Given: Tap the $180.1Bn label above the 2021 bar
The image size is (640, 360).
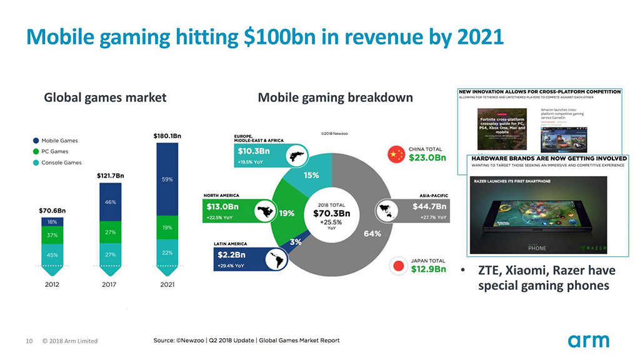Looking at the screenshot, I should pos(167,136).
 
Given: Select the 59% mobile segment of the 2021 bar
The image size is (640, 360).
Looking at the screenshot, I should pos(167,179).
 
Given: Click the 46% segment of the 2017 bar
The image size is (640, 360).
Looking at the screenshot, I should pos(109,202).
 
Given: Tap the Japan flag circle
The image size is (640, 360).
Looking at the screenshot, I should pos(396,265).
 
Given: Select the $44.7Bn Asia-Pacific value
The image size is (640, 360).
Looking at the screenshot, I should pos(429,206).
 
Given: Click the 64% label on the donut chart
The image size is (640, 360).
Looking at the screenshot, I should pos(372,234).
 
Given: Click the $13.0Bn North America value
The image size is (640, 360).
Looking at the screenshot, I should pos(222,206).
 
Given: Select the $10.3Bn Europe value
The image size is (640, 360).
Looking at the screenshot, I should pos(253,151).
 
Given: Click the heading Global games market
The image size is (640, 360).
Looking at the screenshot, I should pos(105,97).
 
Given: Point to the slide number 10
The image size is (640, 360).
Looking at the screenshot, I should pos(29,341).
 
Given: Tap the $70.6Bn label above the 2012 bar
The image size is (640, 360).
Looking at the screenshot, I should pos(52,210).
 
